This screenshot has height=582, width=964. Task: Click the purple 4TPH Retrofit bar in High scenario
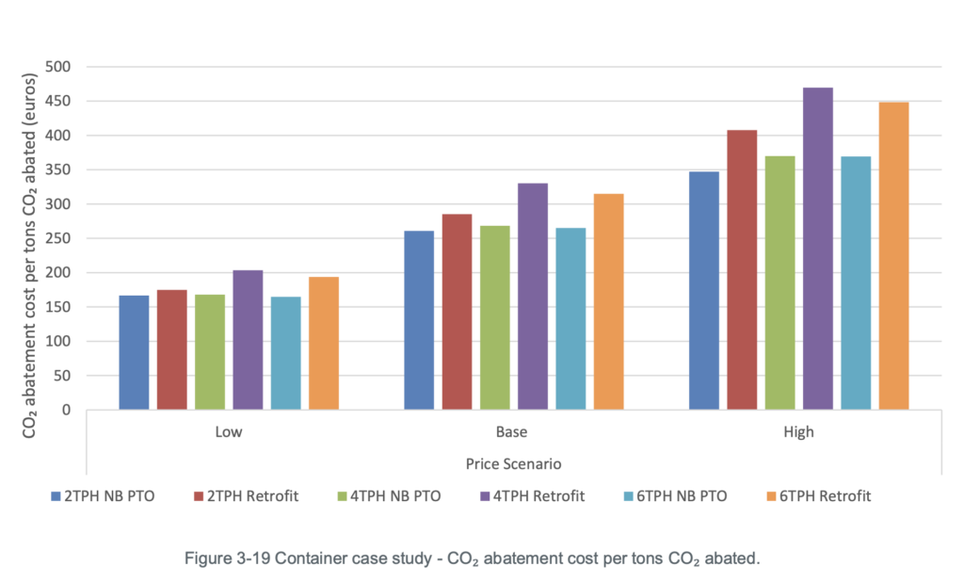(x=817, y=249)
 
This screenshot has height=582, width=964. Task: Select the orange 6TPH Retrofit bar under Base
(x=608, y=301)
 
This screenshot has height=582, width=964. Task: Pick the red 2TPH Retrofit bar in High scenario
(x=742, y=269)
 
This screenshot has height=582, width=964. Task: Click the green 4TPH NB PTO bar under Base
(x=494, y=317)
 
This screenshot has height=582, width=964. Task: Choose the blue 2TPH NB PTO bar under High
(x=703, y=290)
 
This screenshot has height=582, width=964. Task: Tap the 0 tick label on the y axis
(x=67, y=410)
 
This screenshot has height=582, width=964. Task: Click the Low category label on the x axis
(x=228, y=433)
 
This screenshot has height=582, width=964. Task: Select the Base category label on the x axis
(x=513, y=433)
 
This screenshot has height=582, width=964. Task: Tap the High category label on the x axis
(x=798, y=433)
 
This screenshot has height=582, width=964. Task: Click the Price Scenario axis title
(x=513, y=464)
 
